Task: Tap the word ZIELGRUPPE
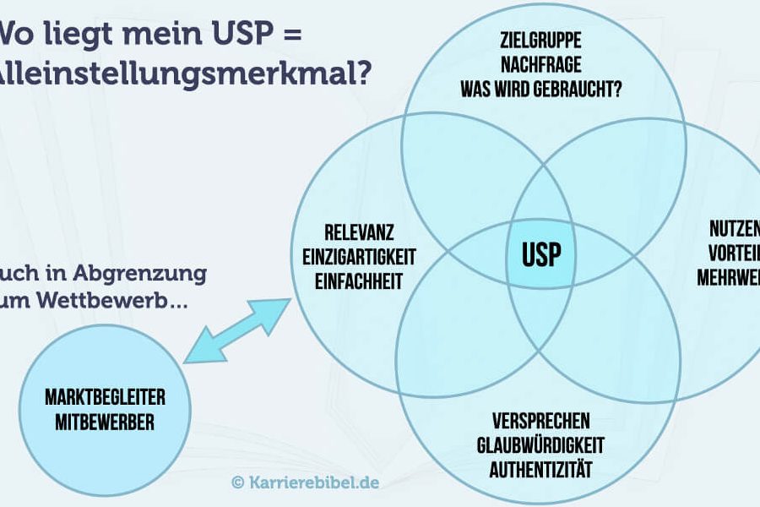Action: pos(540,42)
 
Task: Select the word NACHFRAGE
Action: pos(540,64)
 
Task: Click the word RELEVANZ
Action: pos(359,231)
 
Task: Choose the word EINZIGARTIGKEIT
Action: pos(359,256)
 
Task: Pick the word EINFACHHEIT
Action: pos(359,281)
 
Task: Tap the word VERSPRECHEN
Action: pos(540,421)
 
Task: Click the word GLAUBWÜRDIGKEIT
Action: pos(540,444)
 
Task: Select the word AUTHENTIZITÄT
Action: pos(540,467)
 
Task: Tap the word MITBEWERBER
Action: pos(106,422)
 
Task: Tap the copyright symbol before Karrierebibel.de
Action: pos(238,482)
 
